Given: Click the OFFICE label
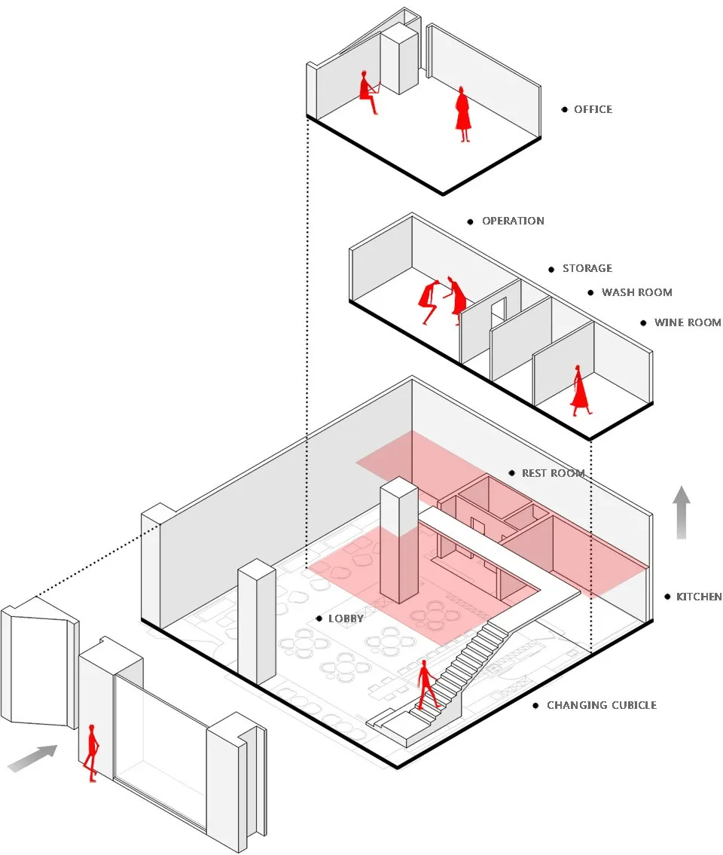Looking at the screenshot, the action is coord(593,109).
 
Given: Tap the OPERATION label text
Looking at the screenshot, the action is coord(513,221).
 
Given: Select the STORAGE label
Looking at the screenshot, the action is coord(587,268).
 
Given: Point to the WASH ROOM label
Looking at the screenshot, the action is coord(636,292).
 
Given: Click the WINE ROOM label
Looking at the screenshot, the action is coord(688,322).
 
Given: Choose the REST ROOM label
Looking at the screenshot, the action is coord(553,473).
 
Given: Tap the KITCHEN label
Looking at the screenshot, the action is coord(698,597).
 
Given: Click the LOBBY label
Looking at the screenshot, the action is coord(346,618).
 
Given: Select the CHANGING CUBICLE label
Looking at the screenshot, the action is coord(602,705).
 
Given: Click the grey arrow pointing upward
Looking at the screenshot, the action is coord(681,512).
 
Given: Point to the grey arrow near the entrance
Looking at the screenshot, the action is coord(32,759).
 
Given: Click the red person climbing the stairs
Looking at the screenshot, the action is coord(428,684).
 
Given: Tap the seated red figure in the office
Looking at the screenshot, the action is coord(368,92).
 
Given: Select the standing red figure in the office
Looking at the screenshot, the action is coord(463,114).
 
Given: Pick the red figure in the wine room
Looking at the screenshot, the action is coord(580,390).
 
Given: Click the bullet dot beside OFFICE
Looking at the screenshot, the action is coord(564,109).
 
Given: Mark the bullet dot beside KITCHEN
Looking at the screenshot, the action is coord(667,597).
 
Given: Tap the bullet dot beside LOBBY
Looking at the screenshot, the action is coord(319,618).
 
